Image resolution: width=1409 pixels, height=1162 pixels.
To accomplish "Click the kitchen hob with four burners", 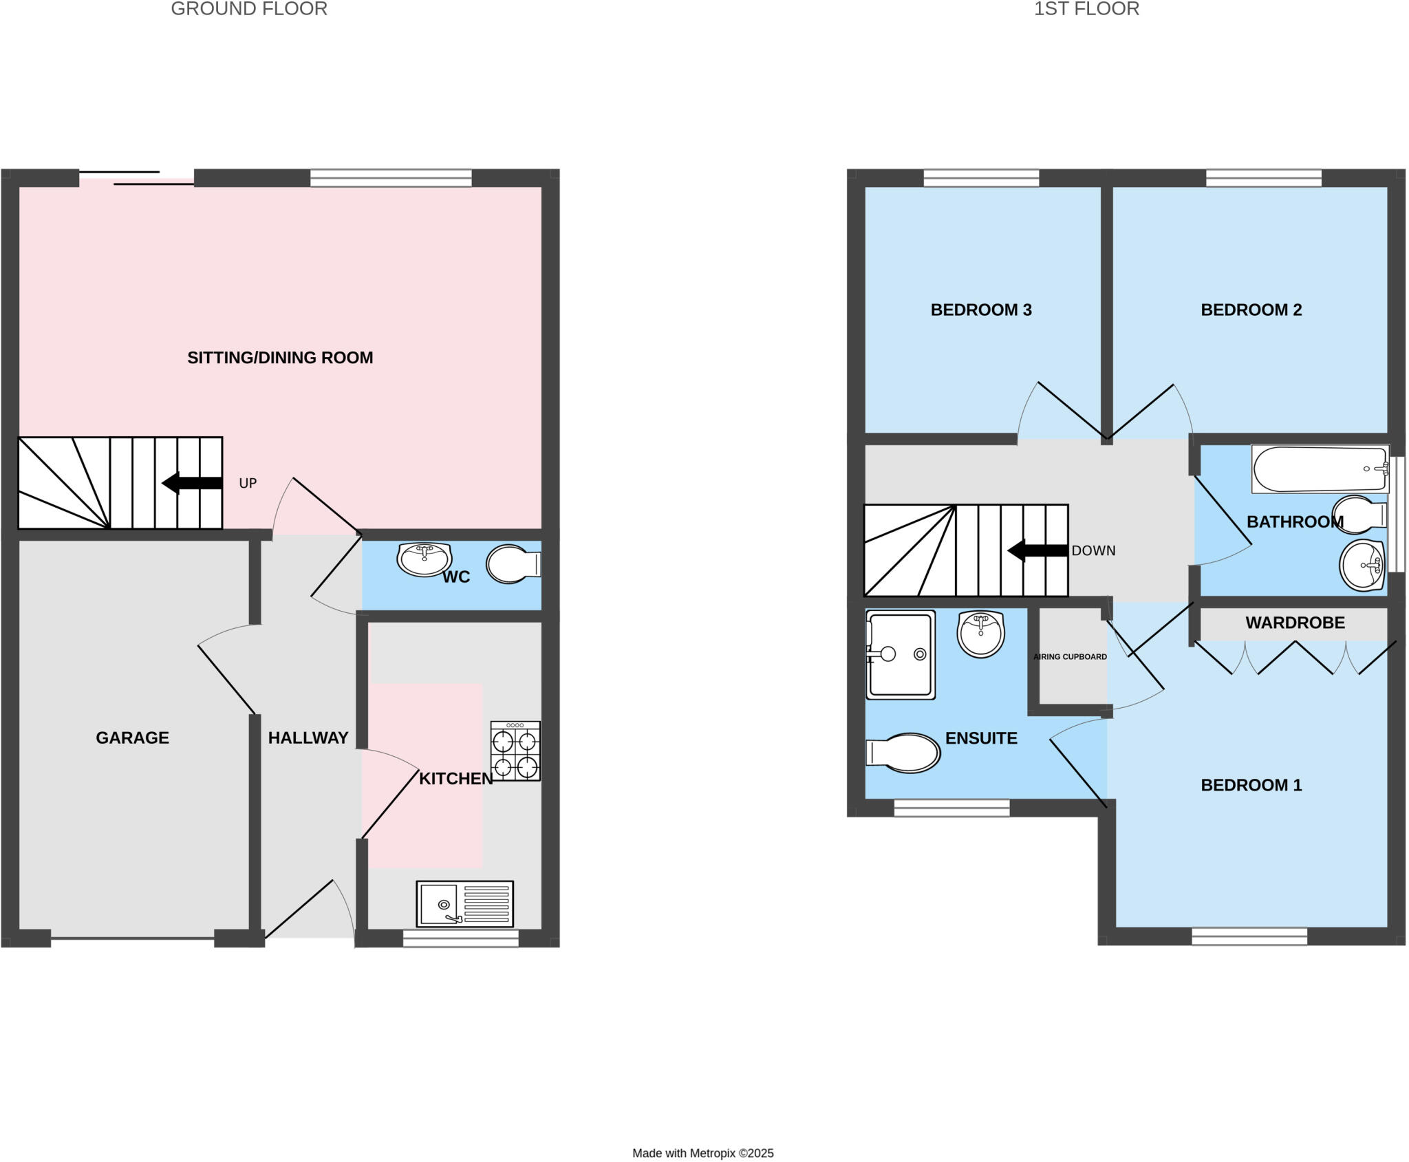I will click(x=515, y=751).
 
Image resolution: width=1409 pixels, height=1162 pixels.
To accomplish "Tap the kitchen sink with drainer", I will click(x=464, y=903).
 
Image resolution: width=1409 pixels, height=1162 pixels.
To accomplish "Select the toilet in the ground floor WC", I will click(x=513, y=564).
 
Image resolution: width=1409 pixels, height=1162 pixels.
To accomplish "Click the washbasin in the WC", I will click(x=424, y=559).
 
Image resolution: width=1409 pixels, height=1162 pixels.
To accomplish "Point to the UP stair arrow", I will click(x=192, y=483).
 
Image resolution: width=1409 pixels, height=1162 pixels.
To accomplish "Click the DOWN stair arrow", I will click(x=1037, y=550).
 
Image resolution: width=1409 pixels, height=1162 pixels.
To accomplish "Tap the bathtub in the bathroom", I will click(x=1320, y=469).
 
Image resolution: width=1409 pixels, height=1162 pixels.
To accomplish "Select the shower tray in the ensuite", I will click(x=901, y=655).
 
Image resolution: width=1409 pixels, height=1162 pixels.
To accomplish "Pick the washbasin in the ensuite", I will click(x=980, y=634).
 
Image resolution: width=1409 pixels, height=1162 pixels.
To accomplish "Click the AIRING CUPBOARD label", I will click(x=1070, y=657).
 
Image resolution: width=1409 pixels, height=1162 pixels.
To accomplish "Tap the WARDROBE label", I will click(x=1295, y=623).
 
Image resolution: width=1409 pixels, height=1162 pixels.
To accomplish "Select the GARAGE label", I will click(x=132, y=738).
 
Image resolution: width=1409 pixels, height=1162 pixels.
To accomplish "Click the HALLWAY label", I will click(x=308, y=738).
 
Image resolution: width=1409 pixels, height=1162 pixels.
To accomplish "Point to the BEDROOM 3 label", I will click(x=981, y=310).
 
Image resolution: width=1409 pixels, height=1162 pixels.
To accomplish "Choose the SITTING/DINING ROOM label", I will click(x=280, y=358).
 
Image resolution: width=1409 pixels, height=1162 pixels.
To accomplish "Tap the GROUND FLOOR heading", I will click(x=249, y=9).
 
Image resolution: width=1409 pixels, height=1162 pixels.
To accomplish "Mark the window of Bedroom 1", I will click(x=1249, y=936).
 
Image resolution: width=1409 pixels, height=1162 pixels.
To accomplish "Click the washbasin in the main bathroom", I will click(x=1362, y=566).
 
